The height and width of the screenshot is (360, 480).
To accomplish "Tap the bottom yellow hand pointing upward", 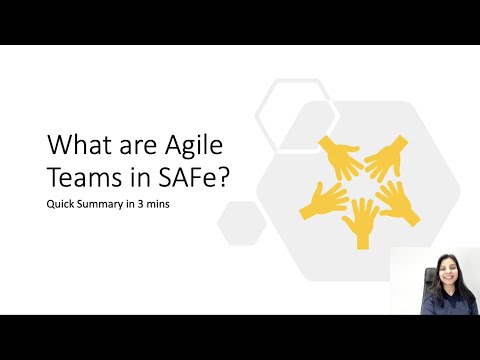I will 361,219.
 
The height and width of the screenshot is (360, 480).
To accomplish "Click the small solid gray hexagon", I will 241,221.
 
